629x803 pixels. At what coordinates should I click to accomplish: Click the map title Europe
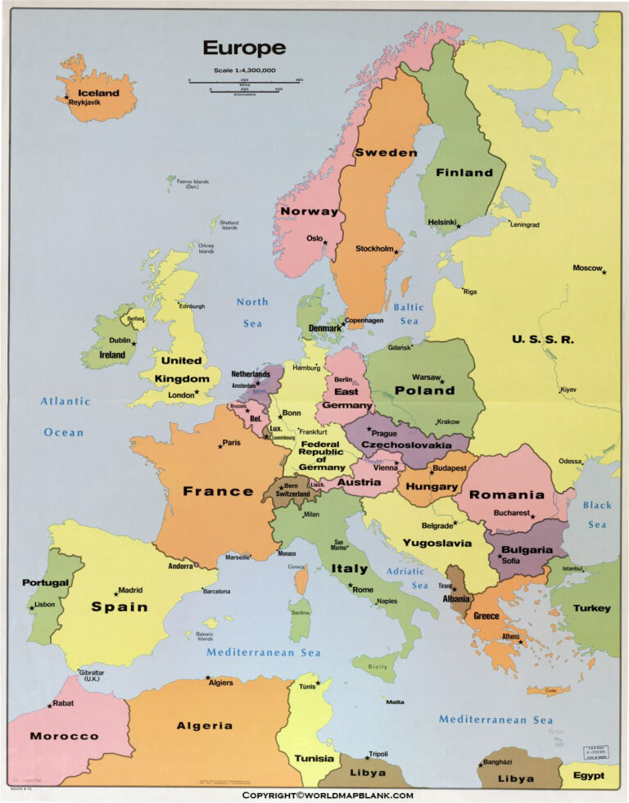click(x=244, y=48)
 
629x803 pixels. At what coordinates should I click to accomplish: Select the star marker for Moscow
click(x=604, y=272)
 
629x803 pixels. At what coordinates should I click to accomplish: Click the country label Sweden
click(x=385, y=153)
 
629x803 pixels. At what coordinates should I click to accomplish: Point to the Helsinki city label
click(x=441, y=222)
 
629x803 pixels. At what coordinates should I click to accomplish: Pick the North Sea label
click(x=252, y=312)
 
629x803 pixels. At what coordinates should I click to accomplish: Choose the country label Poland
click(x=424, y=390)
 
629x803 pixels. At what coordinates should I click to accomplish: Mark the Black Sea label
click(x=597, y=515)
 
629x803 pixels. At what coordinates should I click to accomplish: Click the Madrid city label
click(x=130, y=589)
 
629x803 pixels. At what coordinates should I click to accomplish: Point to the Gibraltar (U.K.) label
click(x=91, y=675)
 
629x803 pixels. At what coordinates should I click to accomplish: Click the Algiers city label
click(x=221, y=683)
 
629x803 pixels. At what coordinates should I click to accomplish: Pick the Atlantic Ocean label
click(x=65, y=417)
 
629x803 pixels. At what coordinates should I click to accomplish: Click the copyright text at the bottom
click(x=327, y=795)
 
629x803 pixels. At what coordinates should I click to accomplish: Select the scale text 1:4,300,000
click(x=244, y=70)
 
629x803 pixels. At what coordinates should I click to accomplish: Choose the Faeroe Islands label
click(x=192, y=183)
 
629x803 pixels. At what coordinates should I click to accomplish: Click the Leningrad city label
click(x=525, y=224)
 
